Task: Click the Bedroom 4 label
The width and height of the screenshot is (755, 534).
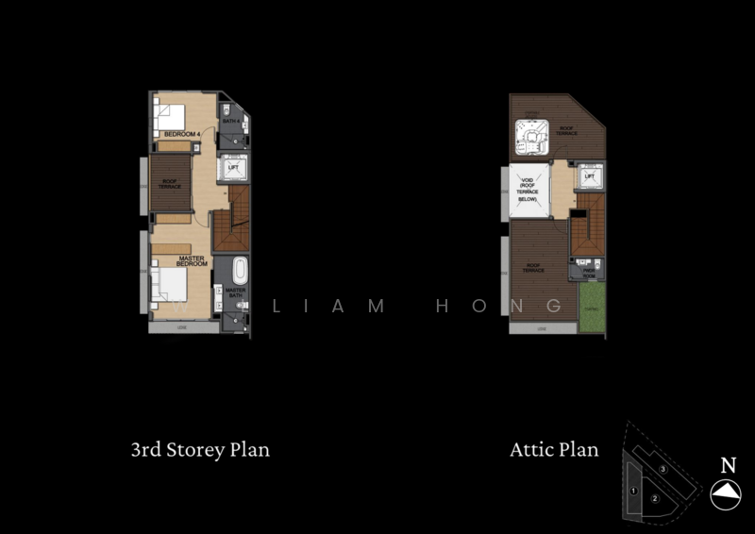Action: (x=181, y=135)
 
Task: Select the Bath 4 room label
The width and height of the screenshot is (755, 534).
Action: (x=230, y=122)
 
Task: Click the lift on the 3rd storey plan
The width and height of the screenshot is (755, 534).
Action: (x=233, y=169)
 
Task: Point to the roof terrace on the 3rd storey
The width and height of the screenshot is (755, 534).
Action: (x=170, y=185)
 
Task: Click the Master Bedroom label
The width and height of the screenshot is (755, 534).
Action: (x=193, y=259)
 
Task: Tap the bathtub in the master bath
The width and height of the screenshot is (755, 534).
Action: (x=240, y=270)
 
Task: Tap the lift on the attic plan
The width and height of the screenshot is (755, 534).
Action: (x=589, y=176)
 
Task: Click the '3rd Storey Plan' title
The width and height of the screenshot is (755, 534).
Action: (x=200, y=449)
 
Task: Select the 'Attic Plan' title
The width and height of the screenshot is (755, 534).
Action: (x=554, y=449)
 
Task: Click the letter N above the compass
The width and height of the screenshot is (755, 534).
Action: (x=728, y=464)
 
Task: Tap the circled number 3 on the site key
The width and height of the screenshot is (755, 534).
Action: (x=663, y=469)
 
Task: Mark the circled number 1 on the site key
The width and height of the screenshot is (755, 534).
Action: (x=633, y=491)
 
